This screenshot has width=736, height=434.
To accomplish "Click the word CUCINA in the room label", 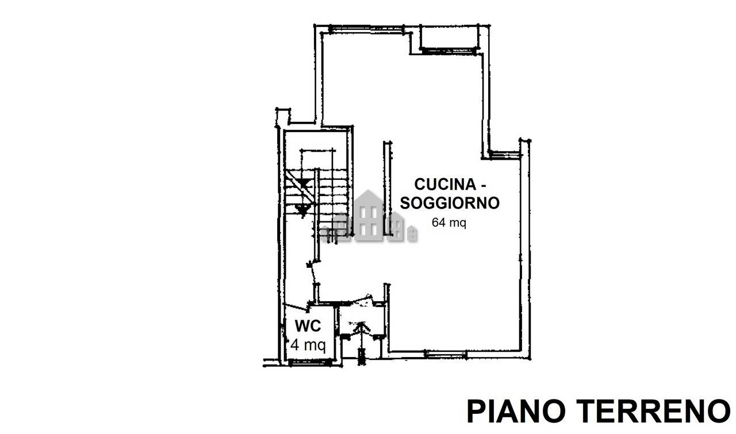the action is tap(445, 185).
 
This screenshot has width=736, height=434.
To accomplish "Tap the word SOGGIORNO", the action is tap(450, 203).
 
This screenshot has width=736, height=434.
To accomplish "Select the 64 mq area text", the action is tap(449, 222).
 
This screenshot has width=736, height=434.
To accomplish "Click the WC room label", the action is tap(308, 326).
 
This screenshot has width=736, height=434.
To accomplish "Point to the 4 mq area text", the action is tap(308, 345).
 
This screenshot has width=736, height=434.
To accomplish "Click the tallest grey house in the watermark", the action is tap(369, 216).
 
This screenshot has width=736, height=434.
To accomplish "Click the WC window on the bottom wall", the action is tap(310, 362).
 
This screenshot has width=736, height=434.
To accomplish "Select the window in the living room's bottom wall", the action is tap(445, 354).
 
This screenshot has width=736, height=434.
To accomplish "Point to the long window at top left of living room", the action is tap(366, 29).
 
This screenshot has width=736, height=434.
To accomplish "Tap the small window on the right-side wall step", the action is tap(504, 155).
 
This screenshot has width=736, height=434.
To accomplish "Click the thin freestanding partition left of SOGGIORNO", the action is tap(388, 188).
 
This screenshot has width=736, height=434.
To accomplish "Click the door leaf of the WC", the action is tap(296, 307).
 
